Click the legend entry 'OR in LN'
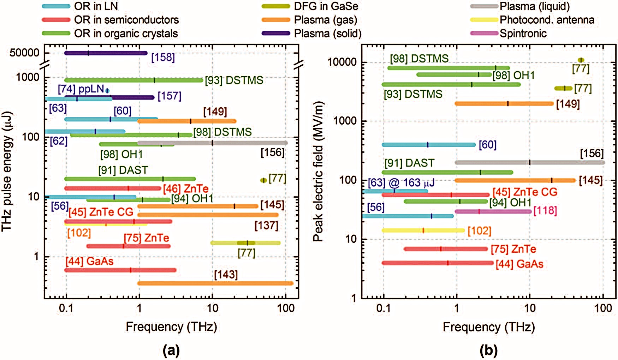pos(96,6)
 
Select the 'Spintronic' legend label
pos(523,34)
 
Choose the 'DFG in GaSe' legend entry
pos(326,6)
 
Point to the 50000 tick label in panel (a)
pos(24,53)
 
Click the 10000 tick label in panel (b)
pos(342,62)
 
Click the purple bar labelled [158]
pos(106,53)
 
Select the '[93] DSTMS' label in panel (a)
pos(234,80)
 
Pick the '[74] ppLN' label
pos(81,89)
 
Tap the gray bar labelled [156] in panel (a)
pos(247,143)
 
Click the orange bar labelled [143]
pos(215,283)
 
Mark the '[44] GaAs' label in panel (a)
pos(89,261)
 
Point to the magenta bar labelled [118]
pos(493,211)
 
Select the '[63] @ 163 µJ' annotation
pos(401,183)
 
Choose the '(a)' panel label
pos(171,350)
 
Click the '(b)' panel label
pos(489,350)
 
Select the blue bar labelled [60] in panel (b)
pos(429,145)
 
